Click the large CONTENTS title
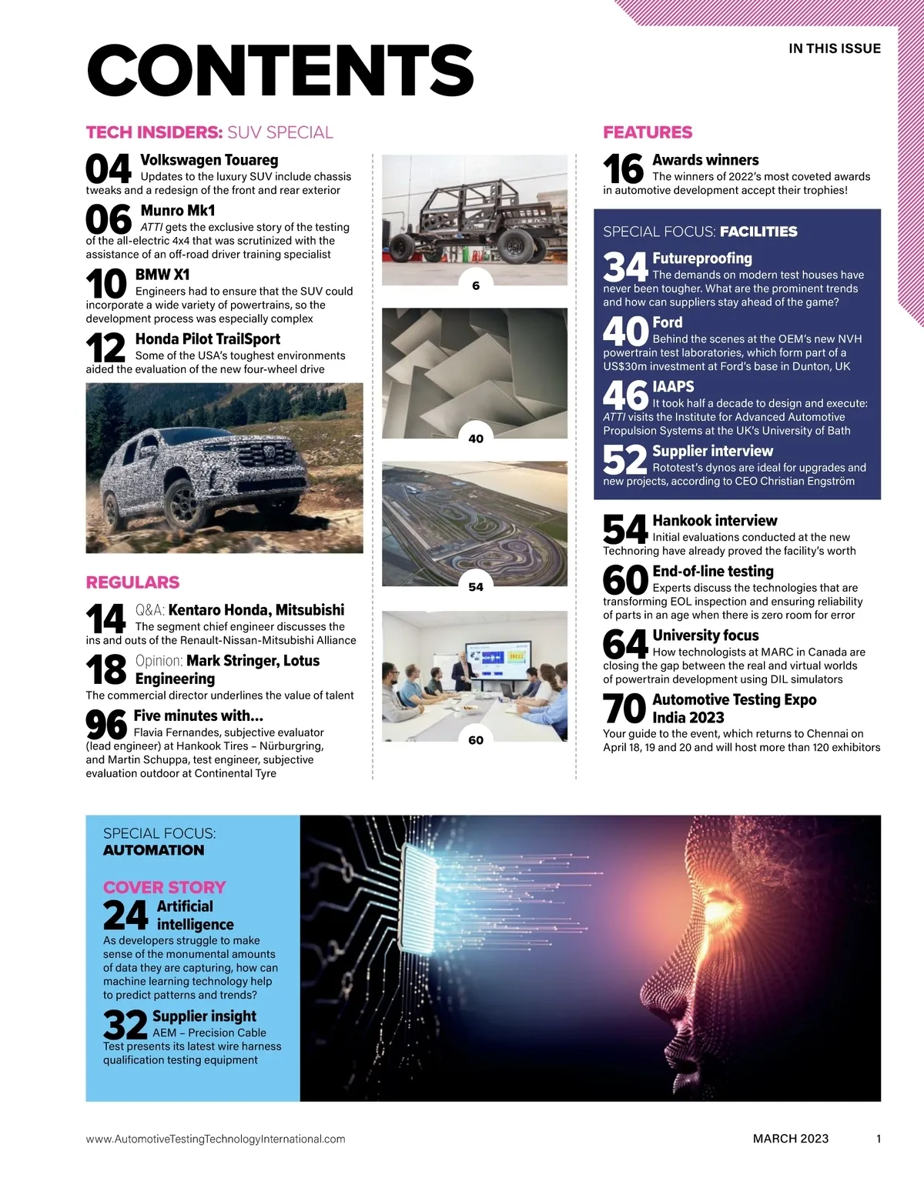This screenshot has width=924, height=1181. click(280, 70)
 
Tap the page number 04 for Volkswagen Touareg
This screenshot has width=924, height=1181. click(109, 169)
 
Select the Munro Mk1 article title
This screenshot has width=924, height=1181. click(178, 211)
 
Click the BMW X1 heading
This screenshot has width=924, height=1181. click(162, 275)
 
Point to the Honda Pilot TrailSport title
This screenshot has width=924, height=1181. click(207, 339)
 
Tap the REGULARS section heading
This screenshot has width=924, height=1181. click(132, 582)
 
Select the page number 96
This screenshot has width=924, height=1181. click(106, 725)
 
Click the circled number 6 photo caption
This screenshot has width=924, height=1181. click(476, 285)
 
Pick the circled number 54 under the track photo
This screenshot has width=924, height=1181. click(476, 586)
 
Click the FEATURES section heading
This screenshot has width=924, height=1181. click(648, 132)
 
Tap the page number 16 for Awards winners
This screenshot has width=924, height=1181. click(623, 169)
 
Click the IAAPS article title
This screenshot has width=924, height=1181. click(673, 387)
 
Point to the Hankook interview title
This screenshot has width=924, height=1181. click(715, 521)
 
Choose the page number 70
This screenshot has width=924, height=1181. click(624, 709)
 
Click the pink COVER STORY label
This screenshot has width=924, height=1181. click(165, 887)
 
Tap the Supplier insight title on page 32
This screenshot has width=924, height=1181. click(204, 1016)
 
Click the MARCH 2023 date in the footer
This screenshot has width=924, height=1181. click(791, 1139)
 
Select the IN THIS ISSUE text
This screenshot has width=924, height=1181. click(835, 48)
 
